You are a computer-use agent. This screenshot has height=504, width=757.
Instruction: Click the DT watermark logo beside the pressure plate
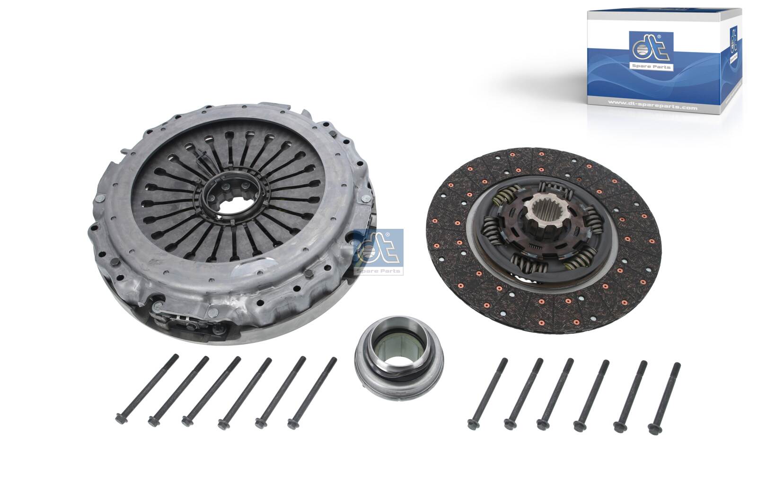tap(378, 251)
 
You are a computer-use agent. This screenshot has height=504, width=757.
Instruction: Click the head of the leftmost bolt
tap(119, 418)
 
